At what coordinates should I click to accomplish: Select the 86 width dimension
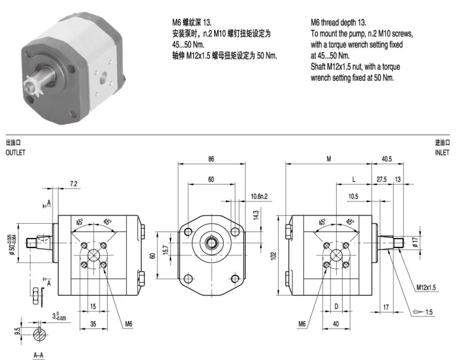[211, 160]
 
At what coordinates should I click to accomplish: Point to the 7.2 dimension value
[73, 184]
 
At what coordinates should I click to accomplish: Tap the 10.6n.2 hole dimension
[259, 196]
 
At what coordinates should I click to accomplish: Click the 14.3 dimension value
[257, 213]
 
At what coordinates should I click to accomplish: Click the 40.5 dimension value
[386, 160]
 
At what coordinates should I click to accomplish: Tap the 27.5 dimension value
[381, 179]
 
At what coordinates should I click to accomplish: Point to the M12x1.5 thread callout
[428, 287]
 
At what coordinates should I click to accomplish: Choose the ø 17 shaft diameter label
[414, 241]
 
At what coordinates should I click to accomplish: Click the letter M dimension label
[328, 160]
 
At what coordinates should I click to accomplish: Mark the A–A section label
[38, 355]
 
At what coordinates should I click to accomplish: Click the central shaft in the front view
[212, 242]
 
